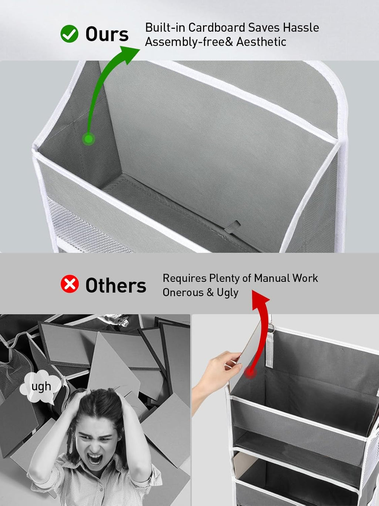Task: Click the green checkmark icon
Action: click(69, 34)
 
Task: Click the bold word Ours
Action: click(107, 34)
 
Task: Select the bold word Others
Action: click(116, 285)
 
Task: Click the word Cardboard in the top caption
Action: click(217, 28)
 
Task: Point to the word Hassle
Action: click(301, 28)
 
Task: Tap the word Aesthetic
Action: click(261, 42)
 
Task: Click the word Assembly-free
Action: click(185, 42)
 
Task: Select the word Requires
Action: click(185, 278)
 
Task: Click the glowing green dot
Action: click(88, 139)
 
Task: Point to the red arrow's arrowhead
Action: click(261, 299)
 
